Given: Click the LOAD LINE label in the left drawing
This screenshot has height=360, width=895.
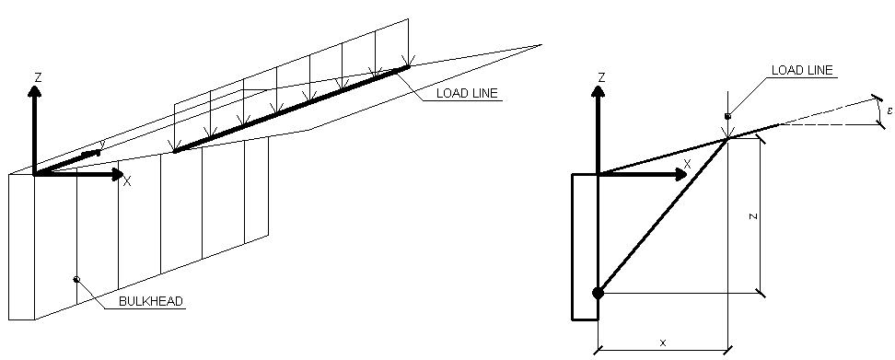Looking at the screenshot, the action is click(467, 93).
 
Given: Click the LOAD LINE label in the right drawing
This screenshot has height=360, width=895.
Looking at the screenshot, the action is click(802, 70).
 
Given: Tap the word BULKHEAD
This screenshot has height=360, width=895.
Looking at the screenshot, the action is click(151, 301).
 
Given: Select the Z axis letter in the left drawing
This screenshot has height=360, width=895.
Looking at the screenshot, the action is click(39, 77).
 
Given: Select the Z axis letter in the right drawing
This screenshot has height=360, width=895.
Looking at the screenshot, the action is click(601, 77).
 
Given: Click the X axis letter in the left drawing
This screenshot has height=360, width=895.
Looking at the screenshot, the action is click(127, 181).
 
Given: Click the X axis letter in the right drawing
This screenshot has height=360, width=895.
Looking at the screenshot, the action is click(687, 164).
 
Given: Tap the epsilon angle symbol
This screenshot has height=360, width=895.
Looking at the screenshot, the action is click(889, 110).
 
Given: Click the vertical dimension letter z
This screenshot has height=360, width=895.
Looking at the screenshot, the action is click(753, 216).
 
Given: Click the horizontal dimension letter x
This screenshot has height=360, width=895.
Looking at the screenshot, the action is click(663, 343).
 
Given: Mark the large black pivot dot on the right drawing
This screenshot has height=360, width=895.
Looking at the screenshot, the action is click(598, 294).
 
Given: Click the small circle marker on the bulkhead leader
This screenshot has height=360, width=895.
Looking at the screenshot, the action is click(76, 279).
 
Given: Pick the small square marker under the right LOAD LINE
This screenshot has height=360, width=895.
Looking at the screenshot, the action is click(727, 116).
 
